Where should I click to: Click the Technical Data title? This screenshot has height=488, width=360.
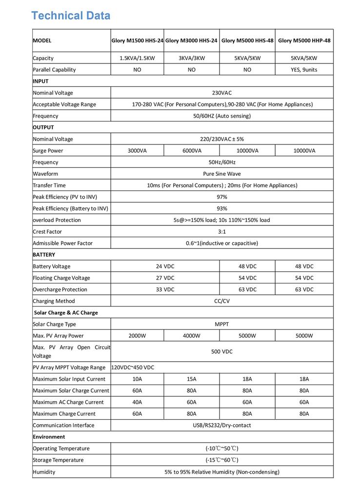point(71,16)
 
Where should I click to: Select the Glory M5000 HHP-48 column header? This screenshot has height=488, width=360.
point(304,41)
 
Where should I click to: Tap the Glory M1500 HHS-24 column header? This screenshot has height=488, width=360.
point(137,41)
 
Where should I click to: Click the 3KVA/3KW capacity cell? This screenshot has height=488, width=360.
point(191,58)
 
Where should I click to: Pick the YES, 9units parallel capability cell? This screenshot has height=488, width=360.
point(304,70)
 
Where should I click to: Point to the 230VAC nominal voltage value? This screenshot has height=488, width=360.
point(222,93)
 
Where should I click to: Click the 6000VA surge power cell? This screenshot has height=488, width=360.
point(192,151)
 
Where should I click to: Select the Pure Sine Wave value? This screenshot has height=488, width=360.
point(222,174)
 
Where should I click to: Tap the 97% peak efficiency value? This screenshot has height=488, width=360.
point(222,197)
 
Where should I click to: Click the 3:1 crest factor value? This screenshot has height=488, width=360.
point(222,232)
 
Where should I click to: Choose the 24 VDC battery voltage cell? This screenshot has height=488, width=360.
point(165,266)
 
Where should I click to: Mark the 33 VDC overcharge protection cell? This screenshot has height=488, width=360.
point(165,289)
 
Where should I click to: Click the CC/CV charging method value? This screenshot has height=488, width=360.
point(222,301)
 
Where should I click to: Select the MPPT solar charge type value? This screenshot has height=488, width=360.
point(222,324)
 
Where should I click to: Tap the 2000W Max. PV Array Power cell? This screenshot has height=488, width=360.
point(137,336)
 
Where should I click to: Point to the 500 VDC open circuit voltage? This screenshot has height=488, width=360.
point(222,351)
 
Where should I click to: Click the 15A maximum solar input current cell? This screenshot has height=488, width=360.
point(192,379)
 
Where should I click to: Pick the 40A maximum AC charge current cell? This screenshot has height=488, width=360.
point(137,402)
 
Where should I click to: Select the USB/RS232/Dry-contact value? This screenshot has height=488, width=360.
point(222,425)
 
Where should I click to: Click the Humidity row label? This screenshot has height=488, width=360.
point(44,472)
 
